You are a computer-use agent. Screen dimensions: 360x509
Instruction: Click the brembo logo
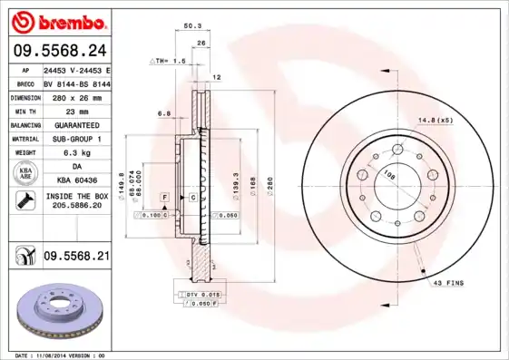coord(56,20)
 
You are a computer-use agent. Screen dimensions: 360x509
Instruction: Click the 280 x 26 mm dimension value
coord(76,96)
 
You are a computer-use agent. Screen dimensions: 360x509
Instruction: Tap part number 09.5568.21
coord(76,257)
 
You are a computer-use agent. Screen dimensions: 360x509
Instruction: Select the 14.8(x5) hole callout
coord(436,120)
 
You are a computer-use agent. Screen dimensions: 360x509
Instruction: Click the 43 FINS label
coord(449,284)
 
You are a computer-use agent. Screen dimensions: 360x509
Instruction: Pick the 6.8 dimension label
coord(164,113)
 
